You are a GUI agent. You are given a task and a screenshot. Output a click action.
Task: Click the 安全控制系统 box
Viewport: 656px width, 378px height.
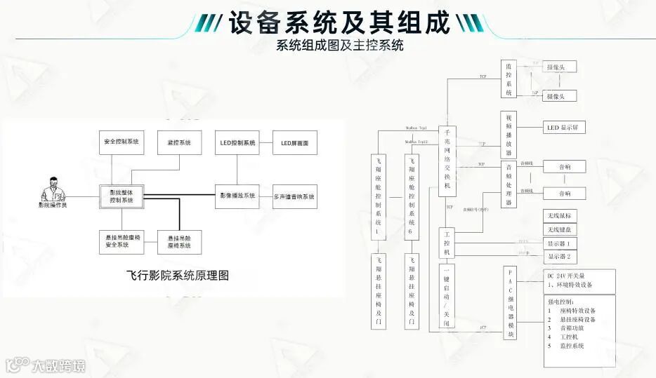pyautogui.click(x=121, y=142)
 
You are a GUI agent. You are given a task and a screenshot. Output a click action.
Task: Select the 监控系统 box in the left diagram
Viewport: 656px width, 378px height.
pyautogui.click(x=179, y=142)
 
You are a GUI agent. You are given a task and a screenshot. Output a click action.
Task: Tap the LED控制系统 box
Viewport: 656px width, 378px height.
pyautogui.click(x=237, y=142)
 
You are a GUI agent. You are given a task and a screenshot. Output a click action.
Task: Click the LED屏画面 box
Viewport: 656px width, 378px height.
pyautogui.click(x=294, y=142)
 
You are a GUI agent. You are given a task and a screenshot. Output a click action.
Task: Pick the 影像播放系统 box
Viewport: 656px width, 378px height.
pyautogui.click(x=237, y=196)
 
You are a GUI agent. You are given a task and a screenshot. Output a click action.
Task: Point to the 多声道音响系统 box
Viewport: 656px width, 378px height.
pyautogui.click(x=294, y=196)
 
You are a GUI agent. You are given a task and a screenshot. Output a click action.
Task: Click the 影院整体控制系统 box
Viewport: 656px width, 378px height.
pyautogui.click(x=121, y=196)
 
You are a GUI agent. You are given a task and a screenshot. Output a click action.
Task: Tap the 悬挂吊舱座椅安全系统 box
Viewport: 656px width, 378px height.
pyautogui.click(x=121, y=242)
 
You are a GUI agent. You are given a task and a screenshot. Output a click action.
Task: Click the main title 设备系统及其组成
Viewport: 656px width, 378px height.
pyautogui.click(x=339, y=23)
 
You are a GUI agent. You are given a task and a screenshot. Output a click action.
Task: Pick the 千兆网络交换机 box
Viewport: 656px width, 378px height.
pyautogui.click(x=447, y=162)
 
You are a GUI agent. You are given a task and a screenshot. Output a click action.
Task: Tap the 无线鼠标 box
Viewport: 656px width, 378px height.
pyautogui.click(x=559, y=216)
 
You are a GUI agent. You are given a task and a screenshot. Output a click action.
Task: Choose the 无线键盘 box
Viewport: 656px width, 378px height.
pyautogui.click(x=559, y=229)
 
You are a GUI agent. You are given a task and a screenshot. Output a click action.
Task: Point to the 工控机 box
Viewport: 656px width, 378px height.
pyautogui.click(x=447, y=243)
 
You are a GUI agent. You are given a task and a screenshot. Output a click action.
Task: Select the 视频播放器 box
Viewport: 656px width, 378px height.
pyautogui.click(x=509, y=134)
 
